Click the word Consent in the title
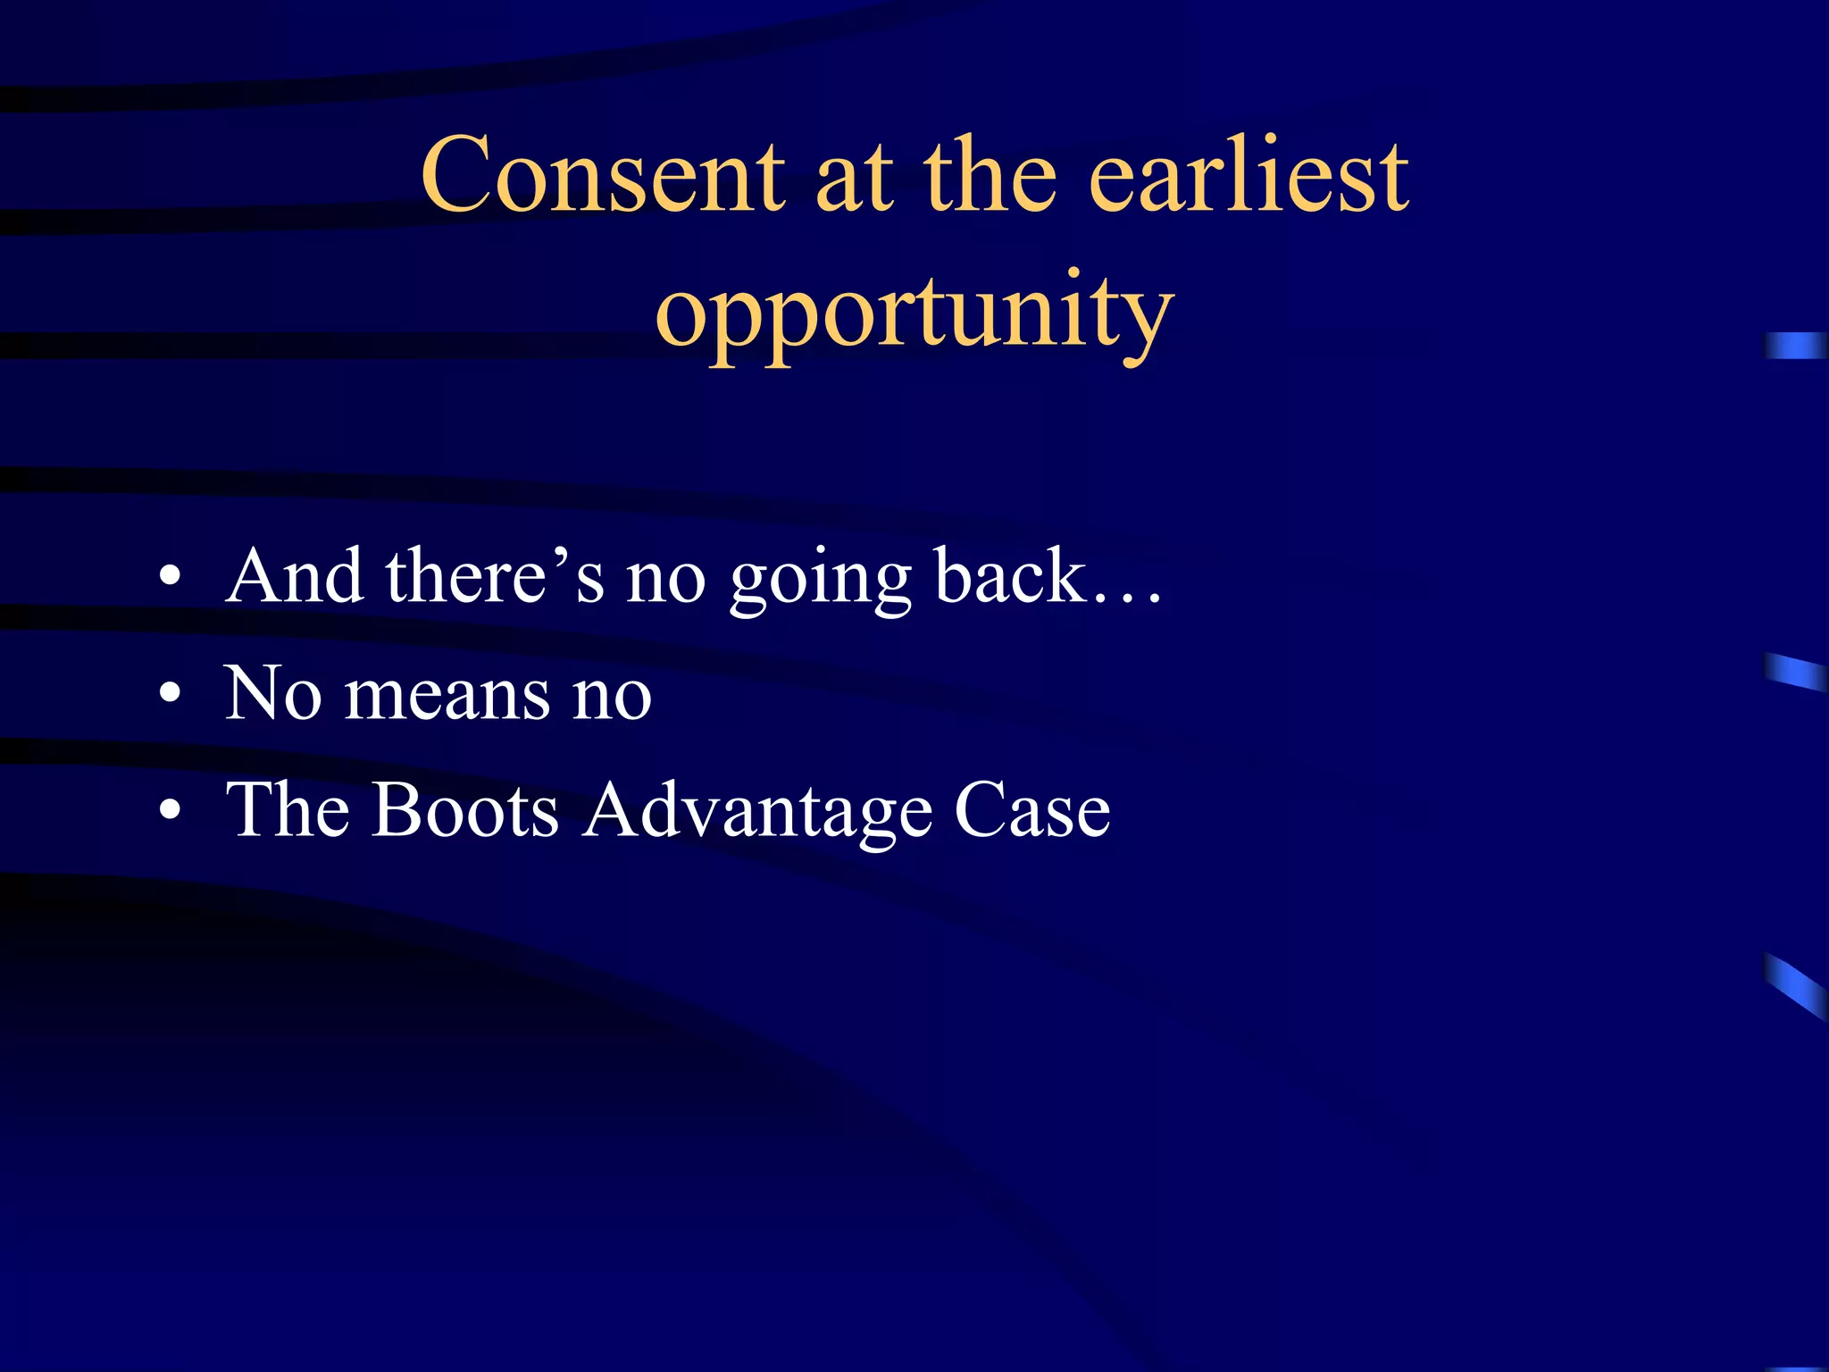603,177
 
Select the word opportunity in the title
914,314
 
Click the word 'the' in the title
990,177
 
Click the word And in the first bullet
294,577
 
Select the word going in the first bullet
820,581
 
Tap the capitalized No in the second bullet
272,693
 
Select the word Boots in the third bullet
464,811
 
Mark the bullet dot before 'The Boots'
171,811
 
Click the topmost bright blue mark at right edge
1795,346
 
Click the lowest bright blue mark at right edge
1795,985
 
